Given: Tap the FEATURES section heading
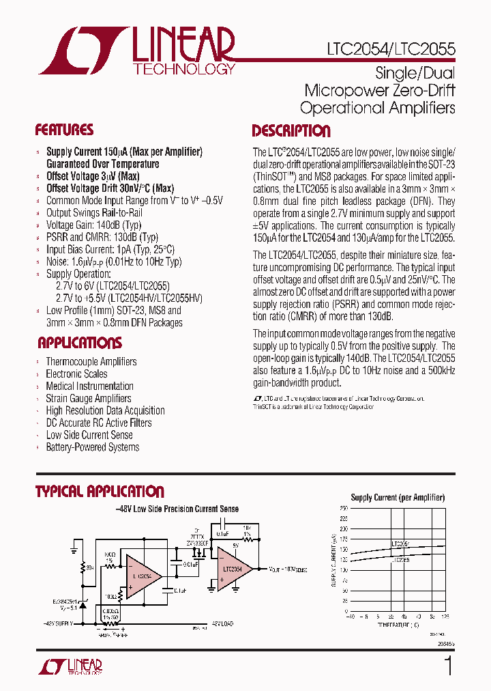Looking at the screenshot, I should (x=64, y=130).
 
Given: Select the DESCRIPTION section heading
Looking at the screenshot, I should (x=291, y=131).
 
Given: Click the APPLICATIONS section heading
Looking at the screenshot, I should (x=80, y=343).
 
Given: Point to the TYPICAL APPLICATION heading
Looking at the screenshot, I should (x=100, y=492).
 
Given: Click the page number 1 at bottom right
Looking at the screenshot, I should (x=448, y=666).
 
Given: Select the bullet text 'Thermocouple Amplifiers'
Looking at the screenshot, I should (x=91, y=362).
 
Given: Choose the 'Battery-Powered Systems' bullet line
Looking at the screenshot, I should (x=92, y=447).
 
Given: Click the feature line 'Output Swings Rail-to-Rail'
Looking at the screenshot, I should (x=93, y=213).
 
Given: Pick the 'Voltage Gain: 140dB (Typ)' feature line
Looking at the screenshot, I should (x=93, y=225).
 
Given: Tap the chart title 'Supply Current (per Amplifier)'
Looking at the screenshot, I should (x=398, y=498).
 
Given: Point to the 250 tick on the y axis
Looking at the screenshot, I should (x=344, y=508).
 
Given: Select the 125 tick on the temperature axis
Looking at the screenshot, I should (x=445, y=617).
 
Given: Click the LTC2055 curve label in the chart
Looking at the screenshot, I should (x=401, y=559).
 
